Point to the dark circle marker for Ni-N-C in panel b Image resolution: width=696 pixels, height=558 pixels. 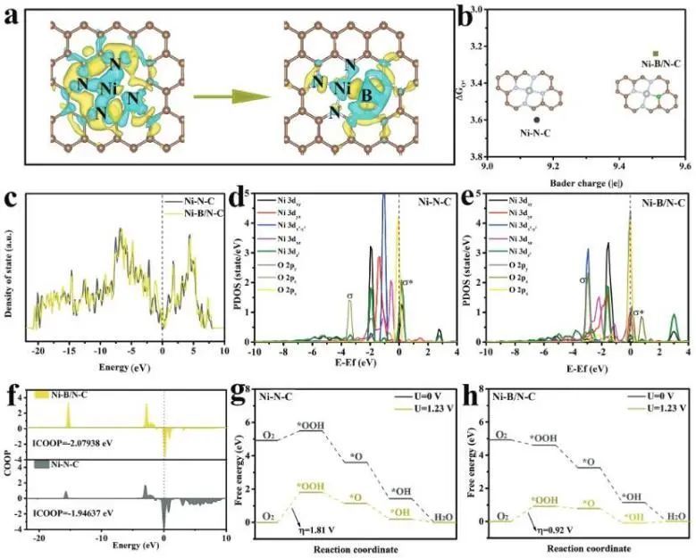(536, 119)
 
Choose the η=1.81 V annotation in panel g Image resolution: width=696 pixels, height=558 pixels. (314, 540)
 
